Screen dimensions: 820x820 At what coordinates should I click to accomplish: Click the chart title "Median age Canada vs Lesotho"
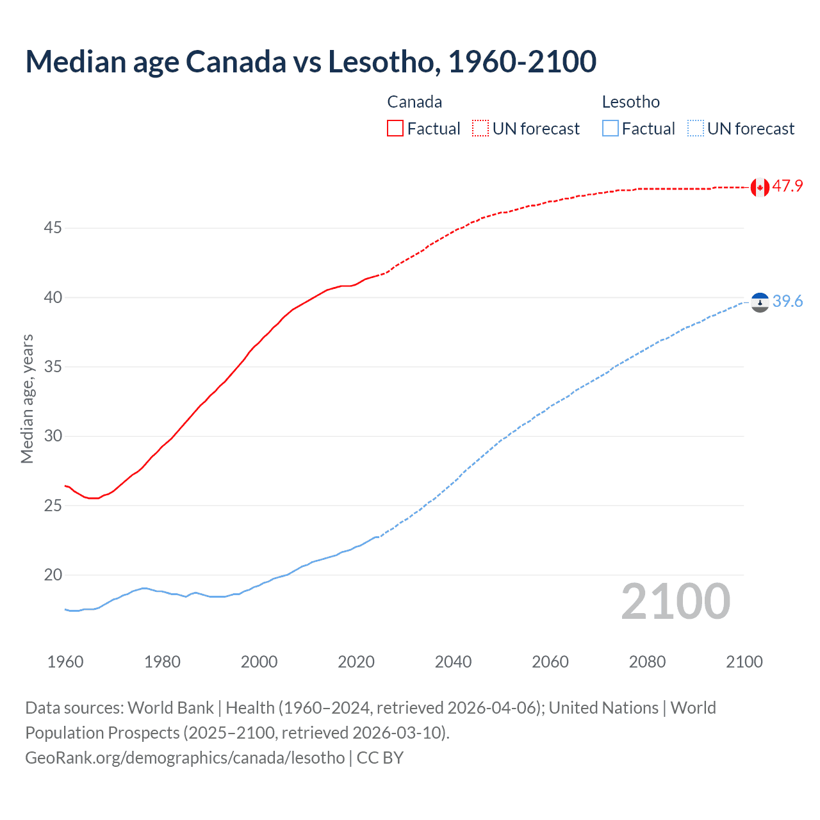(x=311, y=61)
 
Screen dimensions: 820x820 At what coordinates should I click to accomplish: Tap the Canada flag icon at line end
(x=760, y=187)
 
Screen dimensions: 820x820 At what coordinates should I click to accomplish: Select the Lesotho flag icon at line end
(x=760, y=302)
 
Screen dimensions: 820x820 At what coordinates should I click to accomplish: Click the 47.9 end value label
(x=787, y=186)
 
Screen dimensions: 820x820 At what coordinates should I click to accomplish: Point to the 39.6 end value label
(x=787, y=301)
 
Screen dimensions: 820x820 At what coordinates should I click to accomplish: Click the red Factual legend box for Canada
(x=395, y=129)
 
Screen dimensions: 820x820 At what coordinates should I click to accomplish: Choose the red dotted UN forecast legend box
(x=480, y=129)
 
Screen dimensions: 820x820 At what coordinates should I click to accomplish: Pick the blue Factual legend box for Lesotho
(x=611, y=129)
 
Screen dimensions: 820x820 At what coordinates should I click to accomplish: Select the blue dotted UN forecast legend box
(x=696, y=129)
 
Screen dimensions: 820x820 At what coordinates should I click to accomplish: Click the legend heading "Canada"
(x=414, y=102)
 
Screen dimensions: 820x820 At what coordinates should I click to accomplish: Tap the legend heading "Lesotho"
(x=630, y=102)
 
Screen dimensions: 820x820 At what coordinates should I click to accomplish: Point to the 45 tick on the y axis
(x=53, y=228)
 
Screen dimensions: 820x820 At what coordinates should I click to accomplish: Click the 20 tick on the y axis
(x=53, y=575)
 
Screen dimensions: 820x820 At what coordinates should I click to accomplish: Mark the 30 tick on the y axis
(x=53, y=436)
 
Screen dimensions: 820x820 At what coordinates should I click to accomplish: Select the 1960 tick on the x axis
(x=65, y=662)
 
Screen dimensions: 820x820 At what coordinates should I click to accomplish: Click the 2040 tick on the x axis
(x=453, y=662)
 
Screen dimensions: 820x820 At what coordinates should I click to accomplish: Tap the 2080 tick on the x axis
(x=647, y=662)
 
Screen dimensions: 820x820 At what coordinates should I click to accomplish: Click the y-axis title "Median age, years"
(x=27, y=398)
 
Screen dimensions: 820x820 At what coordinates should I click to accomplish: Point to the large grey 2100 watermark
(x=676, y=602)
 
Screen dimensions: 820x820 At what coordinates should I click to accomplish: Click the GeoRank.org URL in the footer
(x=184, y=758)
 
